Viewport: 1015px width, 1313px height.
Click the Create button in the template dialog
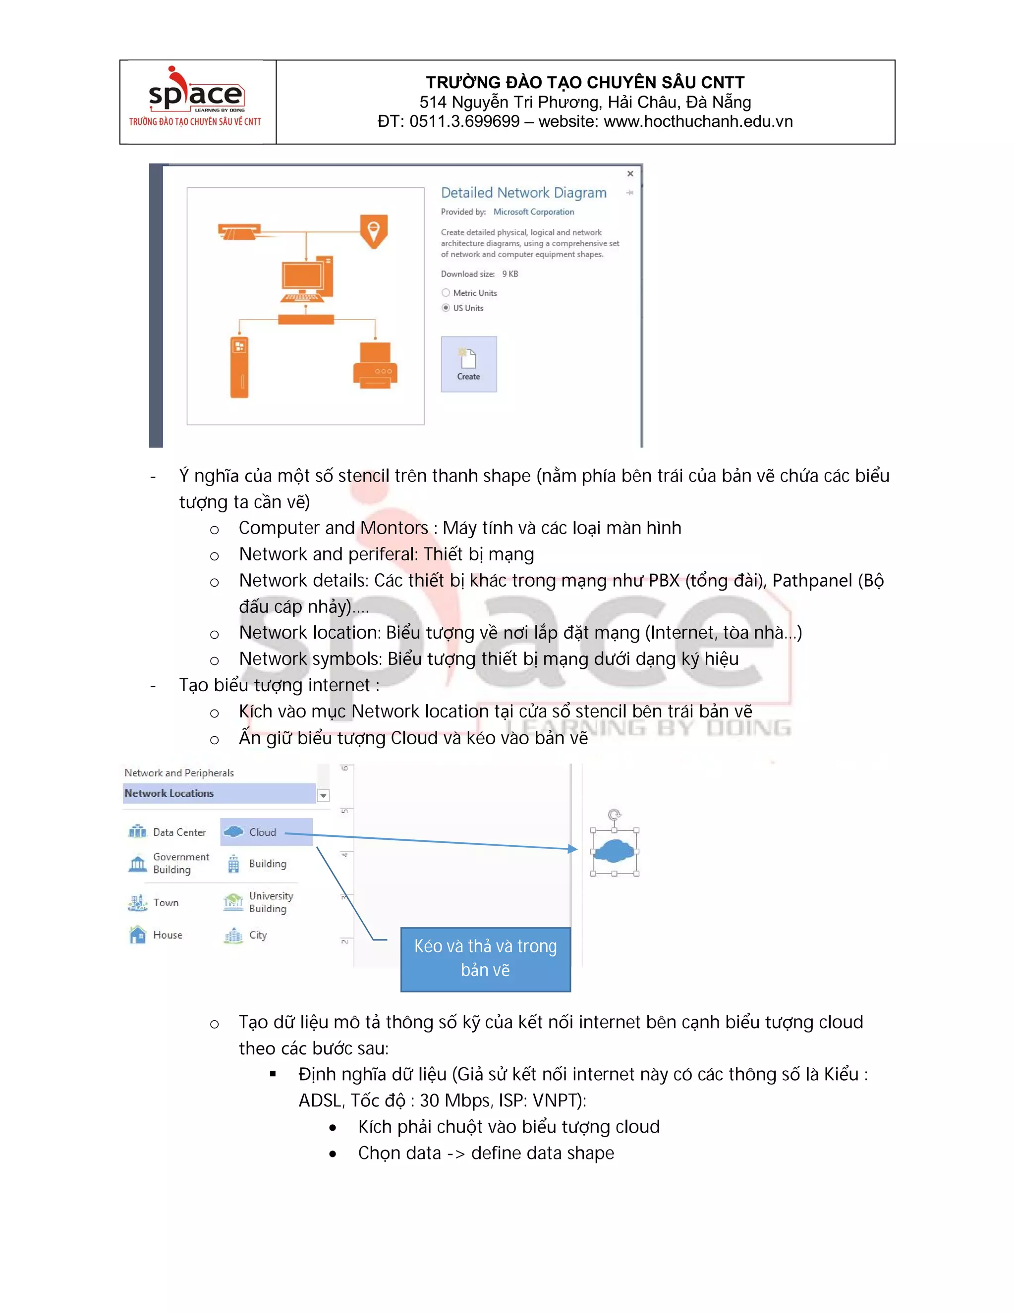468,364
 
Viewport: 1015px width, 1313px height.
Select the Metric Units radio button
446,293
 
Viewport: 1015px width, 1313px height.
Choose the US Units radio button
446,308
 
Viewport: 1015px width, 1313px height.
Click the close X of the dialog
630,174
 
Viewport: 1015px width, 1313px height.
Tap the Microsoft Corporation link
533,212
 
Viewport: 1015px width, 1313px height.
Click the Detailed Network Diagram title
523,192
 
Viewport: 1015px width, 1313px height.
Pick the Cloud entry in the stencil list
262,832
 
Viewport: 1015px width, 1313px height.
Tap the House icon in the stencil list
138,935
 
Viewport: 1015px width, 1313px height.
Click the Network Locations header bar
220,794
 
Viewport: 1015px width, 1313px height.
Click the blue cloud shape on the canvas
614,851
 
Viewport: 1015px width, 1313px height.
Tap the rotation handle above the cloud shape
614,815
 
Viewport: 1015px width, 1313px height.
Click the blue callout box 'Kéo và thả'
485,959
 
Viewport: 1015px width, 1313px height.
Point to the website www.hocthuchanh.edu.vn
697,121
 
